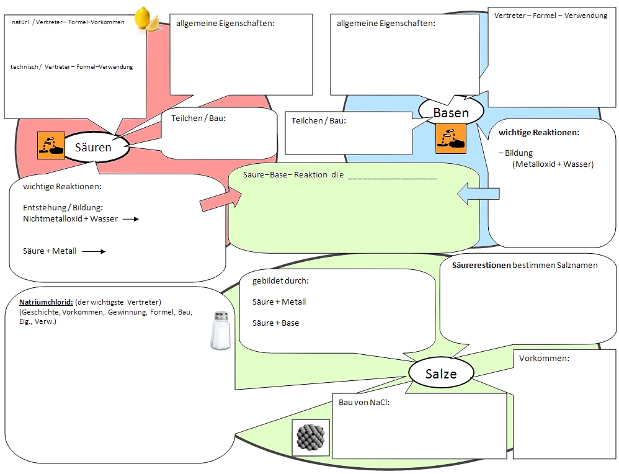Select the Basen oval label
pyautogui.click(x=451, y=112)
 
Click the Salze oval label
pyautogui.click(x=441, y=373)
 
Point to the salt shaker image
pyautogui.click(x=220, y=331)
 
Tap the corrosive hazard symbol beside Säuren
pyautogui.click(x=51, y=146)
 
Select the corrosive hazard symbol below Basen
pyautogui.click(x=450, y=138)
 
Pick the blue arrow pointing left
pyautogui.click(x=478, y=194)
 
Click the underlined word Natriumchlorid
pyautogui.click(x=47, y=302)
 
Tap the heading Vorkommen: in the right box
pyautogui.click(x=544, y=359)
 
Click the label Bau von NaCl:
pyautogui.click(x=368, y=402)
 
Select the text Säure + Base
pyautogui.click(x=275, y=323)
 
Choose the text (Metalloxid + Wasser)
pyautogui.click(x=553, y=164)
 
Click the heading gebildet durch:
pyautogui.click(x=280, y=280)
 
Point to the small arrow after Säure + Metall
pyautogui.click(x=94, y=251)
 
